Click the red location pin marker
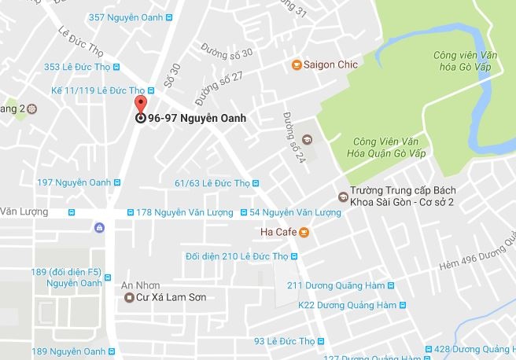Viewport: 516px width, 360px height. [141, 105]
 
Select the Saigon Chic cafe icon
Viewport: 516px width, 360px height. [297, 64]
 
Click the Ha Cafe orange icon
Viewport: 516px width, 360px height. [304, 233]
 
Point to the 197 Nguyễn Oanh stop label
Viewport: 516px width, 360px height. [74, 182]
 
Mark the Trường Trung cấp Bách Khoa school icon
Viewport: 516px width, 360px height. [342, 196]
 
